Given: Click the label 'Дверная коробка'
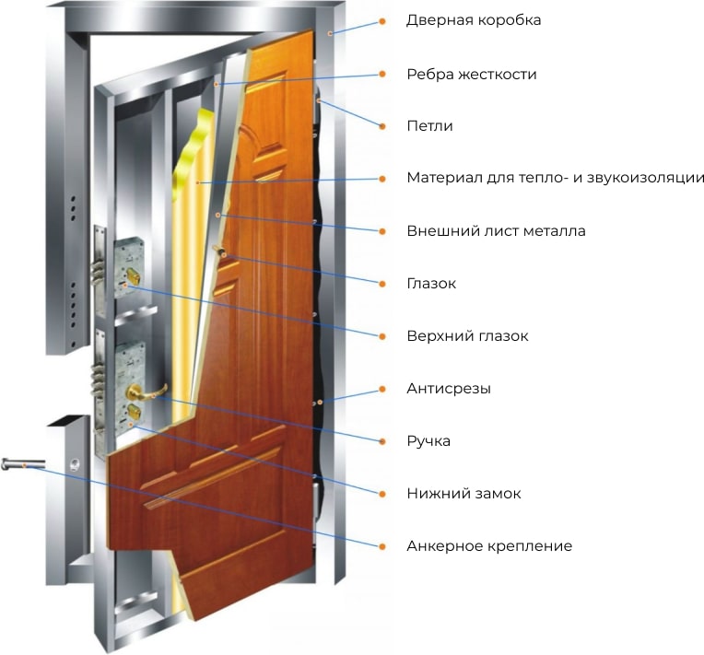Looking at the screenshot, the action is (x=474, y=20).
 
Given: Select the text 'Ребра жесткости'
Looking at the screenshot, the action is (x=472, y=74).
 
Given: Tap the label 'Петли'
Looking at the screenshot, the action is (x=429, y=126).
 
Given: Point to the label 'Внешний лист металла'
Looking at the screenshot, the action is (x=496, y=231).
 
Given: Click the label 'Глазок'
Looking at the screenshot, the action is (x=431, y=284).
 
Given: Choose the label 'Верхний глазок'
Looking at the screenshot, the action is (x=467, y=336).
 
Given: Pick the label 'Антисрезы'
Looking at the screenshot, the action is (x=449, y=389).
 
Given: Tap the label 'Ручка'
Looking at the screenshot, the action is (x=428, y=441).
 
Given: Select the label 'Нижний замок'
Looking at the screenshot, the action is (x=463, y=494).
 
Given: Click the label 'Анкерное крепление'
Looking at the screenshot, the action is (x=489, y=546).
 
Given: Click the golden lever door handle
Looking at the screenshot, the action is (x=145, y=392).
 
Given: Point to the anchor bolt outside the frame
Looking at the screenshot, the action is (x=23, y=463).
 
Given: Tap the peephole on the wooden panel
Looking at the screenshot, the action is (x=220, y=251).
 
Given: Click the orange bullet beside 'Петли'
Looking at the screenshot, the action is (x=382, y=126).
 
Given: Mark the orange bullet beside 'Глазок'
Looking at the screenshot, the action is (x=382, y=284).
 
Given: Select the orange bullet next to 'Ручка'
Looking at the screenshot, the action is (x=382, y=441).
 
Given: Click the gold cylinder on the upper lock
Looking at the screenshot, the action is (x=132, y=275).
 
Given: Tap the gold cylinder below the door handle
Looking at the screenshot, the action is (x=134, y=412).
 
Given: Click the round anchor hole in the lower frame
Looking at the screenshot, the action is (x=76, y=463).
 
